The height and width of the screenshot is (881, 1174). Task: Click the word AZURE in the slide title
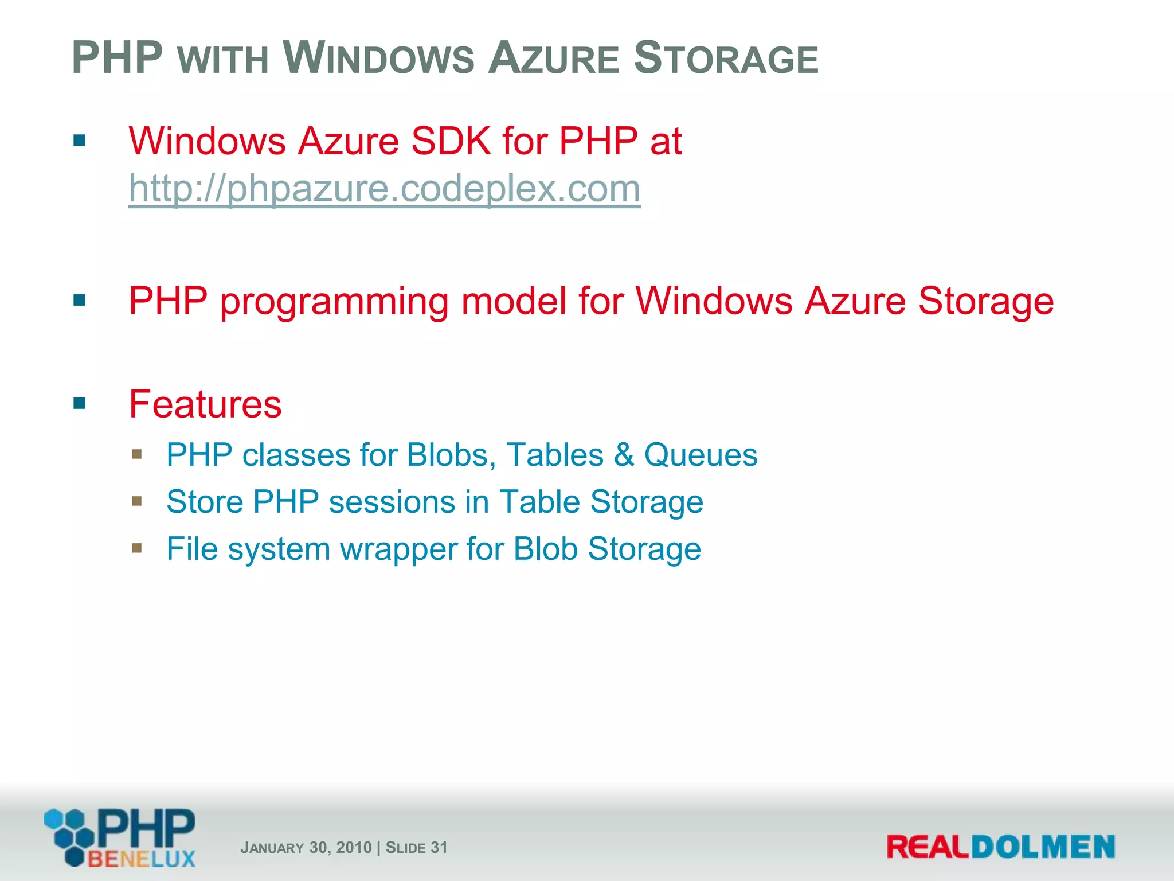pos(554,59)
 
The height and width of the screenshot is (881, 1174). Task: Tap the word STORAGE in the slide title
pos(726,59)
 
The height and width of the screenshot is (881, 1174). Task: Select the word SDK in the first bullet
pos(451,141)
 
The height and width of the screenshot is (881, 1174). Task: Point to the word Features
pos(205,404)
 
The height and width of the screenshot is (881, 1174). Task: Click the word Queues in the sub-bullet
pos(701,455)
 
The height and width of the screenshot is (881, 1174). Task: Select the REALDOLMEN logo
pos(1000,847)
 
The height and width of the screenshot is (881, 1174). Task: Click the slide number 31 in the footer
pos(439,848)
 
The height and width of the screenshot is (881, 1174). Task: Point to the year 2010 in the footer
pos(354,848)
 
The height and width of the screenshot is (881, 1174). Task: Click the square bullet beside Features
pos(80,403)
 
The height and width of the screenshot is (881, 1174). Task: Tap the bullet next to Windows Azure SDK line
pos(80,141)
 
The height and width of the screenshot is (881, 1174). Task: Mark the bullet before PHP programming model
pos(80,300)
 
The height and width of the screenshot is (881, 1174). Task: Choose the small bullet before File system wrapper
pos(136,548)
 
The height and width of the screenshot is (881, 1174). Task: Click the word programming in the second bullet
pos(334,302)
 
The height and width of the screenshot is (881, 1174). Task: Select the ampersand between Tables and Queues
pos(624,455)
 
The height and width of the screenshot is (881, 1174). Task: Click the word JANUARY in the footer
pos(272,848)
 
